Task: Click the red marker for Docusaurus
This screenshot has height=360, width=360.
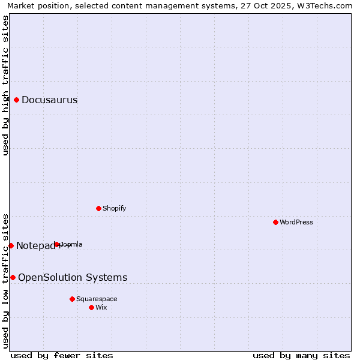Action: [x=17, y=100]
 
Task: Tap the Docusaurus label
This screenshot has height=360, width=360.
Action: [x=49, y=100]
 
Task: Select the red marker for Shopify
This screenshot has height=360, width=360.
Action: [x=99, y=208]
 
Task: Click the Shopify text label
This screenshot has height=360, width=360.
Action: [x=114, y=209]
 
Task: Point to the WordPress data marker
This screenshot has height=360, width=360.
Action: [x=276, y=222]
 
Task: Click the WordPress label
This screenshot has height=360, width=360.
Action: [x=296, y=223]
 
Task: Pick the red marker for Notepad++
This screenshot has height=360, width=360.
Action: [x=11, y=245]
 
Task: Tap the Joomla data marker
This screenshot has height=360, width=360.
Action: [x=57, y=244]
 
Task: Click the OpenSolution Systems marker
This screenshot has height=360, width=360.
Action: [x=13, y=277]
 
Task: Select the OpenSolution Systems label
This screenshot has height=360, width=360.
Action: [x=73, y=277]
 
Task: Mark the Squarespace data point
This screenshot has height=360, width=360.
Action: [x=72, y=299]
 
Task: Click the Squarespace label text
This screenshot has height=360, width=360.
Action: [x=97, y=299]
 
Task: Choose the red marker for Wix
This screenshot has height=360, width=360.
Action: [x=91, y=307]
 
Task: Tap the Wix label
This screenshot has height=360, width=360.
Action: [x=101, y=308]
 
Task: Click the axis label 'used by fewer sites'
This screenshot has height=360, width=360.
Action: [x=62, y=355]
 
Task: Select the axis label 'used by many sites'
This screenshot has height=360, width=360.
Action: [x=301, y=355]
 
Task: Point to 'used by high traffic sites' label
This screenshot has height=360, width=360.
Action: [x=5, y=85]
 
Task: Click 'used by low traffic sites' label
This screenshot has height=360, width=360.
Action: [x=5, y=281]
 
